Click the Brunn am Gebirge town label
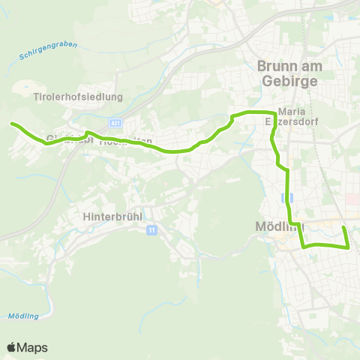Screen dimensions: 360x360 pyautogui.click(x=288, y=73)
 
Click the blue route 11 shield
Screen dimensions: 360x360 pyautogui.click(x=152, y=230)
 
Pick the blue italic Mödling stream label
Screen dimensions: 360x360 pyautogui.click(x=23, y=316)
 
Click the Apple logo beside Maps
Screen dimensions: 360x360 pyautogui.click(x=11, y=347)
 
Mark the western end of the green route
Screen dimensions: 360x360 pyautogui.click(x=12, y=124)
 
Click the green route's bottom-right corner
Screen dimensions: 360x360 pyautogui.click(x=349, y=246)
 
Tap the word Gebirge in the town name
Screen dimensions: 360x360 pyautogui.click(x=288, y=81)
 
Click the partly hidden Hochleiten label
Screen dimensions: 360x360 pyautogui.click(x=126, y=140)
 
